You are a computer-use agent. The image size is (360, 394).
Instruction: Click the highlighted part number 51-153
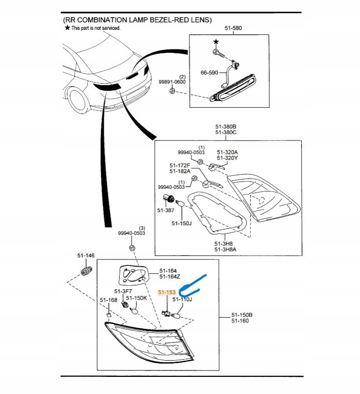pos(167,292)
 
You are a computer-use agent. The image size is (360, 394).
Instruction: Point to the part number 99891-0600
pos(172,82)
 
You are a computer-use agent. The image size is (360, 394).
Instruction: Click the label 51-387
pos(166,210)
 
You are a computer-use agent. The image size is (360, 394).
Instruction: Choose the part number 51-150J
pos(182,223)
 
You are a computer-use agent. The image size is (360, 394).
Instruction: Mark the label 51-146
pos(85,255)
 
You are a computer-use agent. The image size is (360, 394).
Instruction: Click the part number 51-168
pos(108,300)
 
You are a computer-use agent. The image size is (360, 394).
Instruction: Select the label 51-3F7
pos(122,291)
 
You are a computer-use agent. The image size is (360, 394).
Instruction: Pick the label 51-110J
pos(182,299)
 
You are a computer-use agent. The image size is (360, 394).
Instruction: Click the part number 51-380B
pos(226,126)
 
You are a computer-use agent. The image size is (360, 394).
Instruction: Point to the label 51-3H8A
pos(225,250)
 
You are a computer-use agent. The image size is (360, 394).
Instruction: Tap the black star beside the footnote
pos(67,28)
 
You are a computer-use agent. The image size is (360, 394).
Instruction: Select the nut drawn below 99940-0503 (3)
pos(132,249)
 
